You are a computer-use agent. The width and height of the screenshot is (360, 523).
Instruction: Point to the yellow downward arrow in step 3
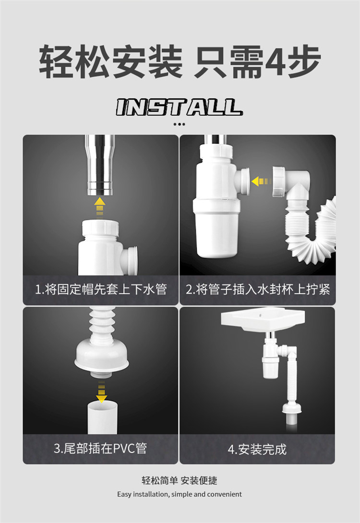101,392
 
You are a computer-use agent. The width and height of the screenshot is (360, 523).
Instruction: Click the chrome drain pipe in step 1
100,165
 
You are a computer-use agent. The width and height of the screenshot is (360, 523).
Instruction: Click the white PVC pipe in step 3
102,417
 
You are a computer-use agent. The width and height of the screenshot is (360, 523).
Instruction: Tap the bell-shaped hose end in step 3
101,357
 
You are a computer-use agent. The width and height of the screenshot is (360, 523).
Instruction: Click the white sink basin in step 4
263,321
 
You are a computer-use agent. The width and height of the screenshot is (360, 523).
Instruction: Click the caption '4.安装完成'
257,449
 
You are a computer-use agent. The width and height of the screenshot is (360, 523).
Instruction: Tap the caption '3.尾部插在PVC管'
100,448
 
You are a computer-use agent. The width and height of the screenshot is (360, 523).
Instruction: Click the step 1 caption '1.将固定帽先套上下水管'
101,289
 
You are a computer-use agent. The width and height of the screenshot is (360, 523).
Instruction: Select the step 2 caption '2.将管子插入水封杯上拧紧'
258,289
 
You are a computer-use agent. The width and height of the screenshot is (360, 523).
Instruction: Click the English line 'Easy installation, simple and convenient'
180,494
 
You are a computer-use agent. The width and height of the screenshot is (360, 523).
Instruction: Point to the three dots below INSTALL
180,124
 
